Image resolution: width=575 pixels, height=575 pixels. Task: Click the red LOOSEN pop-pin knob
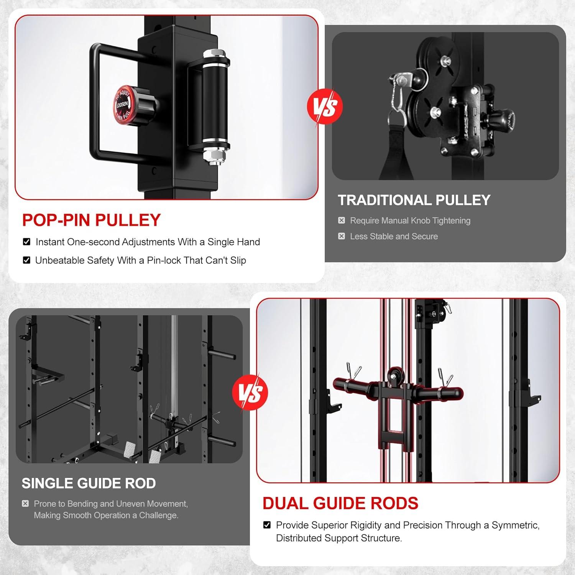(123, 103)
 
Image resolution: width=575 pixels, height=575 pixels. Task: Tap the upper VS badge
(325, 107)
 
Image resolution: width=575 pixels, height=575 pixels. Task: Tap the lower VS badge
(250, 392)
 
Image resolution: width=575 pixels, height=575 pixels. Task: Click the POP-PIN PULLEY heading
(91, 220)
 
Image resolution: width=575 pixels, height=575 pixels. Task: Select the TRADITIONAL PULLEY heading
(414, 200)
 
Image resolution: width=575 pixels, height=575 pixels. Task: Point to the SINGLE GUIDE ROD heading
(89, 483)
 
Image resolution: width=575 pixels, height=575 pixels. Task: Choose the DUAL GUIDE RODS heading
(340, 503)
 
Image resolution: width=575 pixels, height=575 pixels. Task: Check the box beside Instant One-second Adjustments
(26, 242)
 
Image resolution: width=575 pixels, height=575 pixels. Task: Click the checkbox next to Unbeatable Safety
(26, 260)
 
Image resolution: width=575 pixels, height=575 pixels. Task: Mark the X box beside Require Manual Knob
(342, 220)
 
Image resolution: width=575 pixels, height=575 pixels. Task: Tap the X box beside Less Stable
(342, 236)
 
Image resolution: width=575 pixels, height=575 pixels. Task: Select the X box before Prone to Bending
(25, 503)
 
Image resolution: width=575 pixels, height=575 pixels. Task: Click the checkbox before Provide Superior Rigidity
(267, 525)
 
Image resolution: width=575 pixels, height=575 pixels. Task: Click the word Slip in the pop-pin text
(238, 260)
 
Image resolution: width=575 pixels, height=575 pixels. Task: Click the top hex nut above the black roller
(212, 53)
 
